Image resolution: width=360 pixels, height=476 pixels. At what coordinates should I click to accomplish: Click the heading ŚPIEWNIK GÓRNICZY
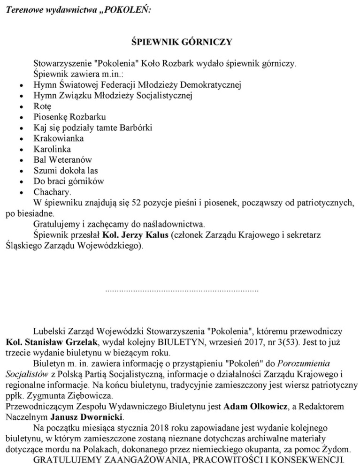pos(181,42)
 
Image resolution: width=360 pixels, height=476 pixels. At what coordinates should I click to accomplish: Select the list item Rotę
pos(42,106)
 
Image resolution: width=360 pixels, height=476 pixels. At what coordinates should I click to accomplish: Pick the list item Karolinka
pos(52,149)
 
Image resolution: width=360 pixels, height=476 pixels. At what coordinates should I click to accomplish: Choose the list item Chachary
pos(52,192)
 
